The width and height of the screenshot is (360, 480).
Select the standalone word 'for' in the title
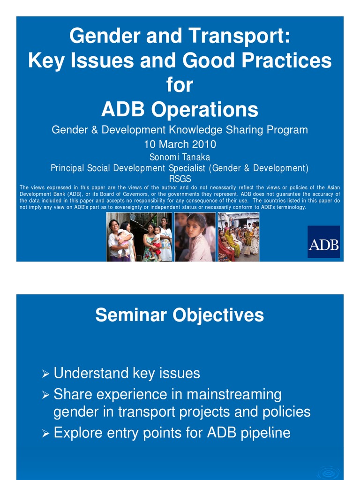point(180,85)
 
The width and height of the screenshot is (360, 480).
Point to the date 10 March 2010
point(180,144)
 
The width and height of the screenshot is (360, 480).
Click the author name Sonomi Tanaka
point(180,157)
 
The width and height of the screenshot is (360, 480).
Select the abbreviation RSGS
point(180,179)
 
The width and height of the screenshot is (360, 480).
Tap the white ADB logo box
point(323,242)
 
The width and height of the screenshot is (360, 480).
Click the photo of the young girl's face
point(195,237)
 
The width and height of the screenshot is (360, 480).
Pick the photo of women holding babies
point(139,237)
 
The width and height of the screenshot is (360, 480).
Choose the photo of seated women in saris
point(239,237)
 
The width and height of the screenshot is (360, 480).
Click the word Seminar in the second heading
point(131,315)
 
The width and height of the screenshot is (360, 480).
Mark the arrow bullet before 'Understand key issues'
point(45,374)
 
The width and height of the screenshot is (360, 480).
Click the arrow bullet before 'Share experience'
point(45,395)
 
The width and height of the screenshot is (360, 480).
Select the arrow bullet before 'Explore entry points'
point(45,434)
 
